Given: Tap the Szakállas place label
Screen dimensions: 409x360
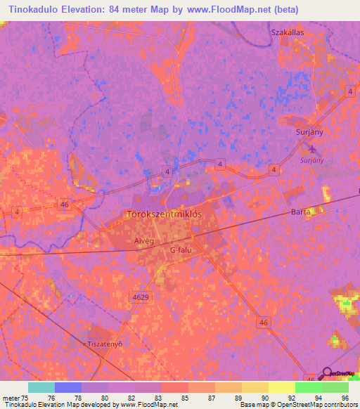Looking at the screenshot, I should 288,32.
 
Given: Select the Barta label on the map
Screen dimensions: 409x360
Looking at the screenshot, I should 300,211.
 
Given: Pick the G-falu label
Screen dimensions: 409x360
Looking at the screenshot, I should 181,250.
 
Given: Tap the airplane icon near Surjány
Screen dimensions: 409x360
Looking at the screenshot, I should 313,149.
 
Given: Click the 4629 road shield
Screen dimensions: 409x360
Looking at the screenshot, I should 141,297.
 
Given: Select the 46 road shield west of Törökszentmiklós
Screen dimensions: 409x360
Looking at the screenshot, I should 65,204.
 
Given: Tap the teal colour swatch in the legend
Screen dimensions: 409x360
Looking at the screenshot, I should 41,387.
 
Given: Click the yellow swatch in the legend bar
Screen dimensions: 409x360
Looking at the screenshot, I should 281,387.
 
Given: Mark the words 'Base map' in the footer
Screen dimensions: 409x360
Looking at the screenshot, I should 252,405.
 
